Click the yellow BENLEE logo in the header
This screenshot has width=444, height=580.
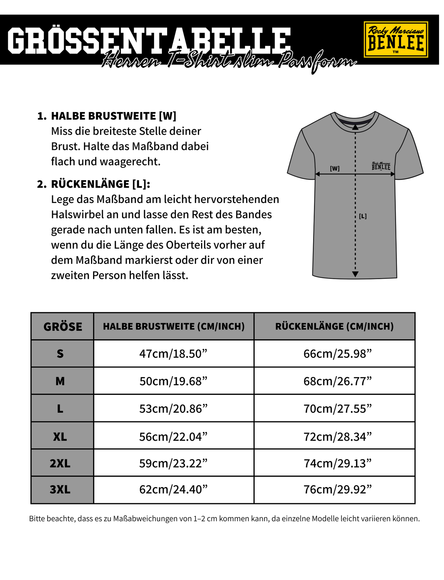pyautogui.click(x=396, y=40)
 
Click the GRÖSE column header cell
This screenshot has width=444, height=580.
pyautogui.click(x=63, y=327)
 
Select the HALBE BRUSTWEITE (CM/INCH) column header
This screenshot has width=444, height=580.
pyautogui.click(x=174, y=326)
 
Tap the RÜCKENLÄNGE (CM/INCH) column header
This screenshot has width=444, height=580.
pyautogui.click(x=334, y=326)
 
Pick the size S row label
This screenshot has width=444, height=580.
pyautogui.click(x=60, y=354)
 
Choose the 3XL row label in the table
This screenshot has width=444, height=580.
pyautogui.click(x=60, y=489)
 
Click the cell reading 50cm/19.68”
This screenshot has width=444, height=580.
pyautogui.click(x=174, y=381)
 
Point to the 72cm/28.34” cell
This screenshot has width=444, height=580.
pyautogui.click(x=337, y=436)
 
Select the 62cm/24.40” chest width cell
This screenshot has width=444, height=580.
pyautogui.click(x=174, y=489)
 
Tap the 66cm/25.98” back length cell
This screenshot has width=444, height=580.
pyautogui.click(x=337, y=354)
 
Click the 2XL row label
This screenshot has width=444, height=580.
pyautogui.click(x=60, y=463)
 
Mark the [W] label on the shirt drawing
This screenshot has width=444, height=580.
pyautogui.click(x=335, y=169)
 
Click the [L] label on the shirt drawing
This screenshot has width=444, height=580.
pyautogui.click(x=363, y=216)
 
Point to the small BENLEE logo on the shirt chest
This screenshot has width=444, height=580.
pyautogui.click(x=381, y=166)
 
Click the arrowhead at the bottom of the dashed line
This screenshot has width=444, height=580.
pyautogui.click(x=355, y=274)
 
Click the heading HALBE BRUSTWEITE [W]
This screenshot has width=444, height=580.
pyautogui.click(x=113, y=116)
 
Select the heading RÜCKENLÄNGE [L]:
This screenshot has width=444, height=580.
pyautogui.click(x=100, y=184)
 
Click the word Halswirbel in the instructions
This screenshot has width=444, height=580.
pyautogui.click(x=77, y=214)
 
